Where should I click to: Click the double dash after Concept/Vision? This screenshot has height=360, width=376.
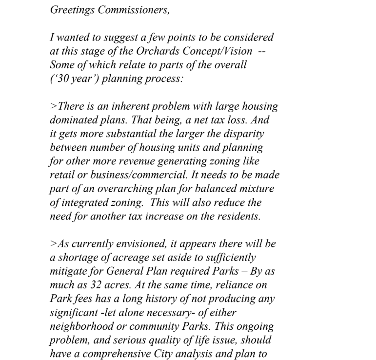[x=262, y=51]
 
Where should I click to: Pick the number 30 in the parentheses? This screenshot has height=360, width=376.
[x=62, y=79]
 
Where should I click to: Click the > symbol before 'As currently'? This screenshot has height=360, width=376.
[x=53, y=244]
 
